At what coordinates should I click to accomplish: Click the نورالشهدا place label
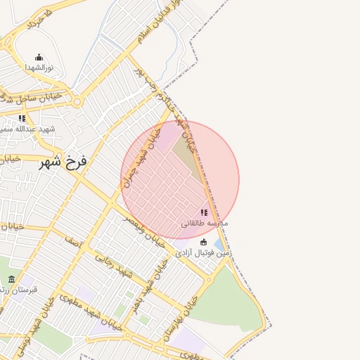click(x=39, y=67)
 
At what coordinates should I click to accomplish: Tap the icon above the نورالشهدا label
click(x=39, y=58)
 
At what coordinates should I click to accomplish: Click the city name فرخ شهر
click(x=63, y=162)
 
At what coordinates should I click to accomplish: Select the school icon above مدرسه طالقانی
click(x=204, y=212)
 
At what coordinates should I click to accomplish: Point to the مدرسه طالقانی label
click(x=205, y=224)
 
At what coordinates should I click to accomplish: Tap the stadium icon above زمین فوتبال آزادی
click(x=204, y=243)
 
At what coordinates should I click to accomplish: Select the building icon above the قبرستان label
click(x=11, y=279)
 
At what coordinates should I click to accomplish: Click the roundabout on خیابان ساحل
click(x=77, y=102)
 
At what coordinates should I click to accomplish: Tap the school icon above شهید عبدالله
click(x=22, y=118)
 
